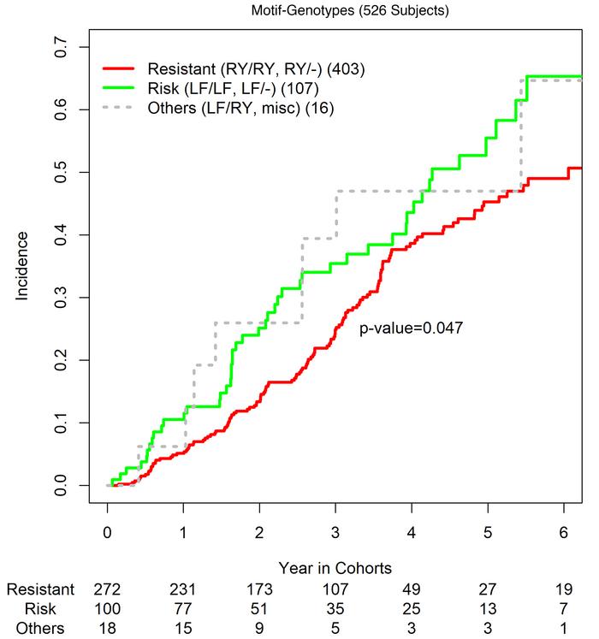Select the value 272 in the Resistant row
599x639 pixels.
click(107, 589)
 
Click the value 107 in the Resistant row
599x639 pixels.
click(335, 589)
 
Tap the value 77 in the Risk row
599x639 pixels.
click(183, 608)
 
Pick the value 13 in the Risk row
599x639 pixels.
click(488, 608)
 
